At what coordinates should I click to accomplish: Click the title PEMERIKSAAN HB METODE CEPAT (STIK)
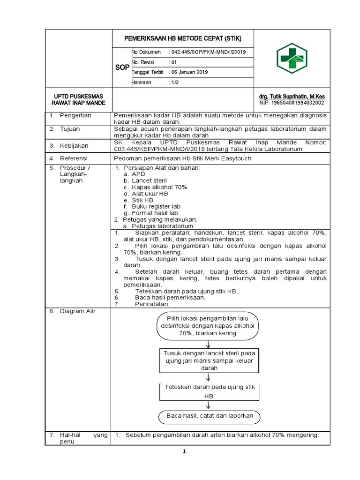pyautogui.click(x=182, y=38)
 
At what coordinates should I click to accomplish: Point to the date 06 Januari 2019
pyautogui.click(x=189, y=72)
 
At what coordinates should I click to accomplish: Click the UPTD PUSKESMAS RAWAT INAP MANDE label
pyautogui.click(x=78, y=99)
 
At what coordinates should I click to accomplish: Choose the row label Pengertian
pyautogui.click(x=75, y=115)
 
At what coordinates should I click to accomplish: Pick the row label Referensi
pyautogui.click(x=74, y=158)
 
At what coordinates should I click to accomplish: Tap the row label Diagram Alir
pyautogui.click(x=77, y=311)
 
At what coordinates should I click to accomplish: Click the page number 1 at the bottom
pyautogui.click(x=185, y=451)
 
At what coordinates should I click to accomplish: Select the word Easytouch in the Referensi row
pyautogui.click(x=234, y=158)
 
